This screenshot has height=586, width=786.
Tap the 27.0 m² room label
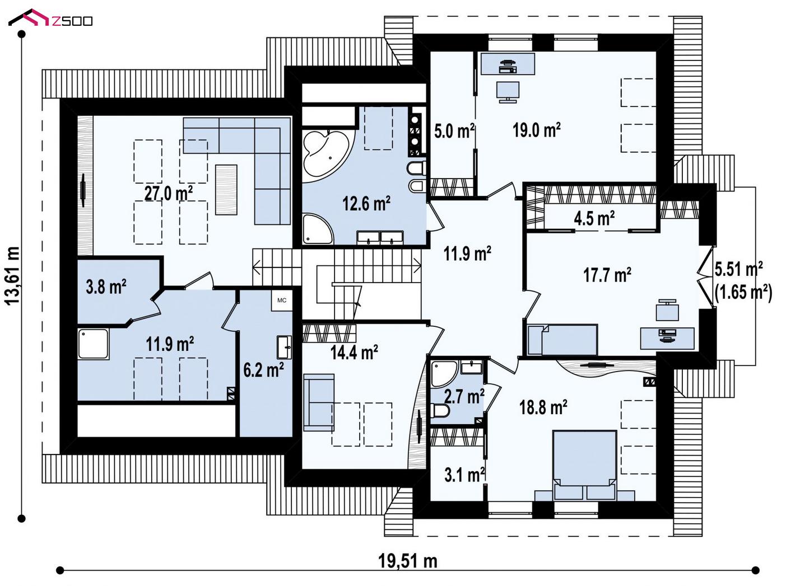click(x=168, y=194)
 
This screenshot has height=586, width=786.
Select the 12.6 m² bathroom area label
click(x=366, y=204)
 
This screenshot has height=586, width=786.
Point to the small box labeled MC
click(x=282, y=300)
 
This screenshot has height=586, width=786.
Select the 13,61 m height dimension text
click(x=12, y=275)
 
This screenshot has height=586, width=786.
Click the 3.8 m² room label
click(x=106, y=287)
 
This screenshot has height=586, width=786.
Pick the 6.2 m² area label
click(x=263, y=369)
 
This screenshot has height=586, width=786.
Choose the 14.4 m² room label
click(x=354, y=353)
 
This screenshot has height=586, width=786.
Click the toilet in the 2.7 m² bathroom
click(x=440, y=410)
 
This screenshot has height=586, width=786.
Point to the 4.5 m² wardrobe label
click(x=594, y=218)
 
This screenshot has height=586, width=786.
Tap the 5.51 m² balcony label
click(x=738, y=269)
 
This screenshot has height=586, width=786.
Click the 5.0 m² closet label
click(x=454, y=130)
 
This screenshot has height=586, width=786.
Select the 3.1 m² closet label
click(x=464, y=475)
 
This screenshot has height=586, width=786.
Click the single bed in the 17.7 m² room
click(x=562, y=340)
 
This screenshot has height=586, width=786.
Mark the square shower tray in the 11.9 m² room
click(x=93, y=344)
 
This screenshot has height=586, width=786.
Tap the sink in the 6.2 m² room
click(x=285, y=346)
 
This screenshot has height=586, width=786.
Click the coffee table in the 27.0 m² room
click(x=226, y=190)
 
